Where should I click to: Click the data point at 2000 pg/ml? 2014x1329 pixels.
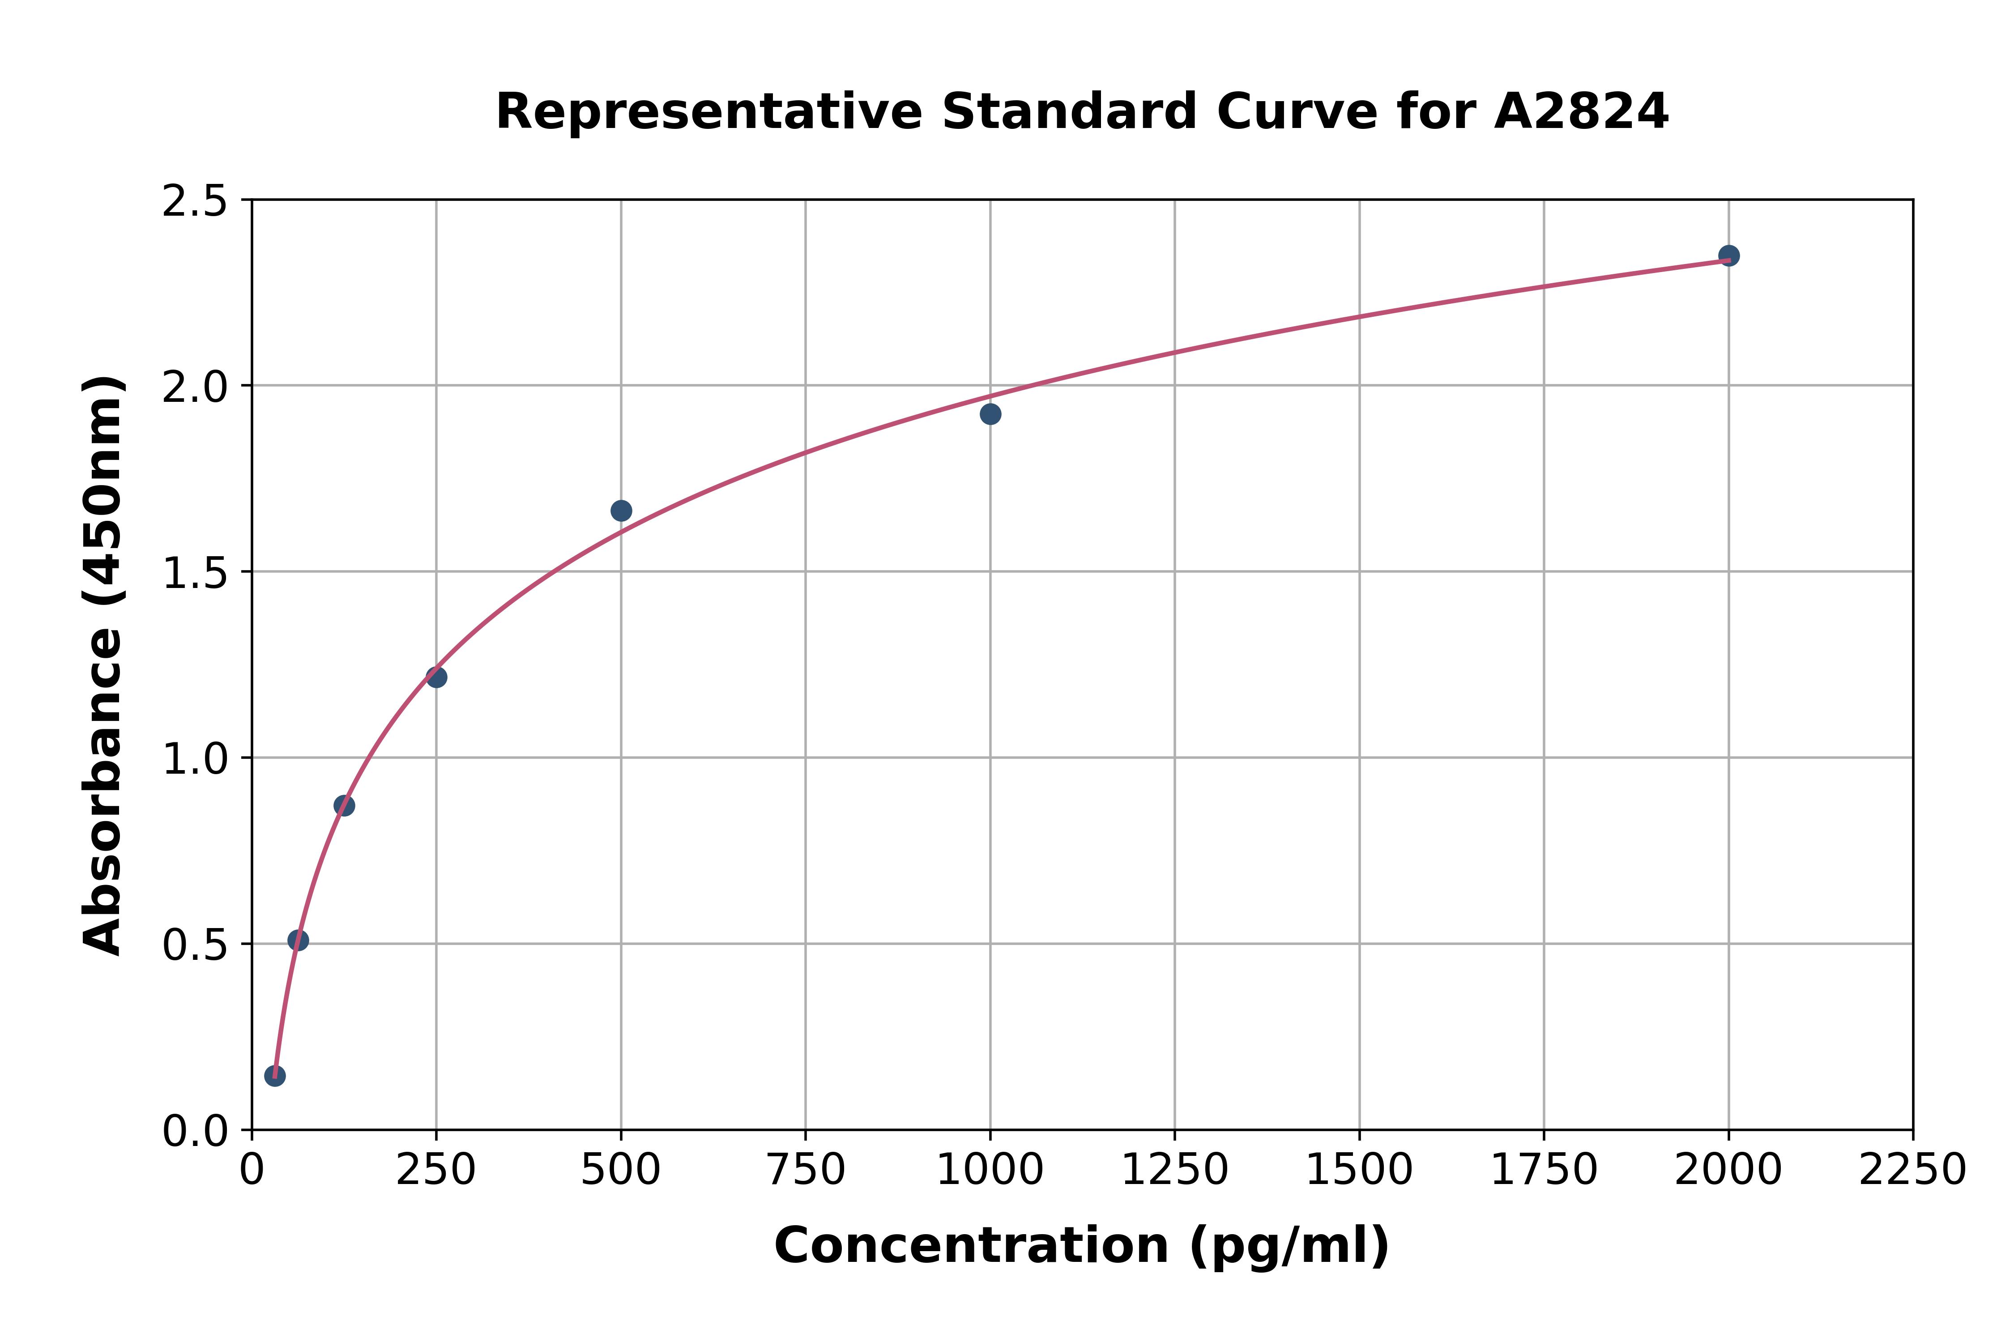(1728, 255)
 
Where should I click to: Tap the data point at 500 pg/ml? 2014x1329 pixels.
(621, 510)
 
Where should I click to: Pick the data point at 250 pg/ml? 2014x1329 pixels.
(436, 677)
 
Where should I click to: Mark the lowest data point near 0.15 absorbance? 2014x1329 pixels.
(275, 1076)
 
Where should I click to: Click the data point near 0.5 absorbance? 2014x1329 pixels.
(299, 940)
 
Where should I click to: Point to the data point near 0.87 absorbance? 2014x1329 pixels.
(344, 805)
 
